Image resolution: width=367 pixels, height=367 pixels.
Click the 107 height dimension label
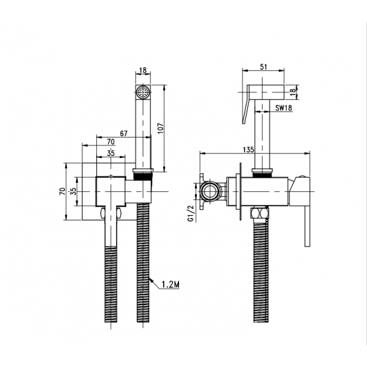pyautogui.click(x=161, y=128)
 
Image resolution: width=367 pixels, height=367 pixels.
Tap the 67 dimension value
pyautogui.click(x=124, y=133)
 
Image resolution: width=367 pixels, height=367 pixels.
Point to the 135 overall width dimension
pyautogui.click(x=248, y=149)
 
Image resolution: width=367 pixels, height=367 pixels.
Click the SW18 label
pyautogui.click(x=284, y=108)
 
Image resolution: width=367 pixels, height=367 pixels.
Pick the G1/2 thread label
pyautogui.click(x=191, y=213)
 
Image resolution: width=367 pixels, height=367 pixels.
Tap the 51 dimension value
pyautogui.click(x=264, y=67)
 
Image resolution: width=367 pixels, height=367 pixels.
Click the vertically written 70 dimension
pyautogui.click(x=62, y=191)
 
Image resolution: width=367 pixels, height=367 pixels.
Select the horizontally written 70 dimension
pyautogui.click(x=111, y=141)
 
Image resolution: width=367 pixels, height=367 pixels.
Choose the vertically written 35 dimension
pyautogui.click(x=73, y=191)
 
